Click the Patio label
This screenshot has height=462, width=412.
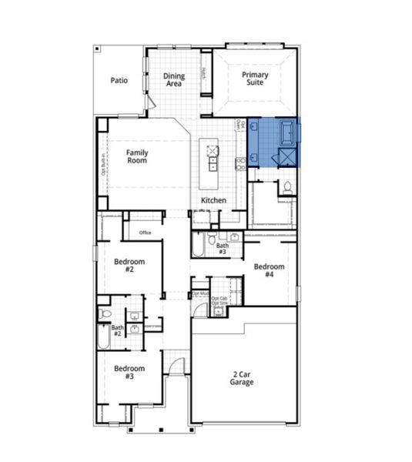pos(118,80)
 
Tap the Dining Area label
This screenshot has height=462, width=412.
pos(174,80)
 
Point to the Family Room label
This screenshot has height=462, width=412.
pos(137,157)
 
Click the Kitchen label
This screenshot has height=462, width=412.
pos(213,200)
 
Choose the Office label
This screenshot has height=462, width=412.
pos(145,232)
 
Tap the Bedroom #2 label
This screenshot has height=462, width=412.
pos(124,266)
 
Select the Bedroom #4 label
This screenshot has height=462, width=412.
pos(269,270)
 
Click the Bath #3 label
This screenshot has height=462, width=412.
pos(222,249)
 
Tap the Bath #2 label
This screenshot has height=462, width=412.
pos(118,331)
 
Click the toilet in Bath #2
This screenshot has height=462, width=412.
pos(106,315)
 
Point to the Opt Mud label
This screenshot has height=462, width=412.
pos(199,293)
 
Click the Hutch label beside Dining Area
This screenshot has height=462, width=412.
pos(203,74)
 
